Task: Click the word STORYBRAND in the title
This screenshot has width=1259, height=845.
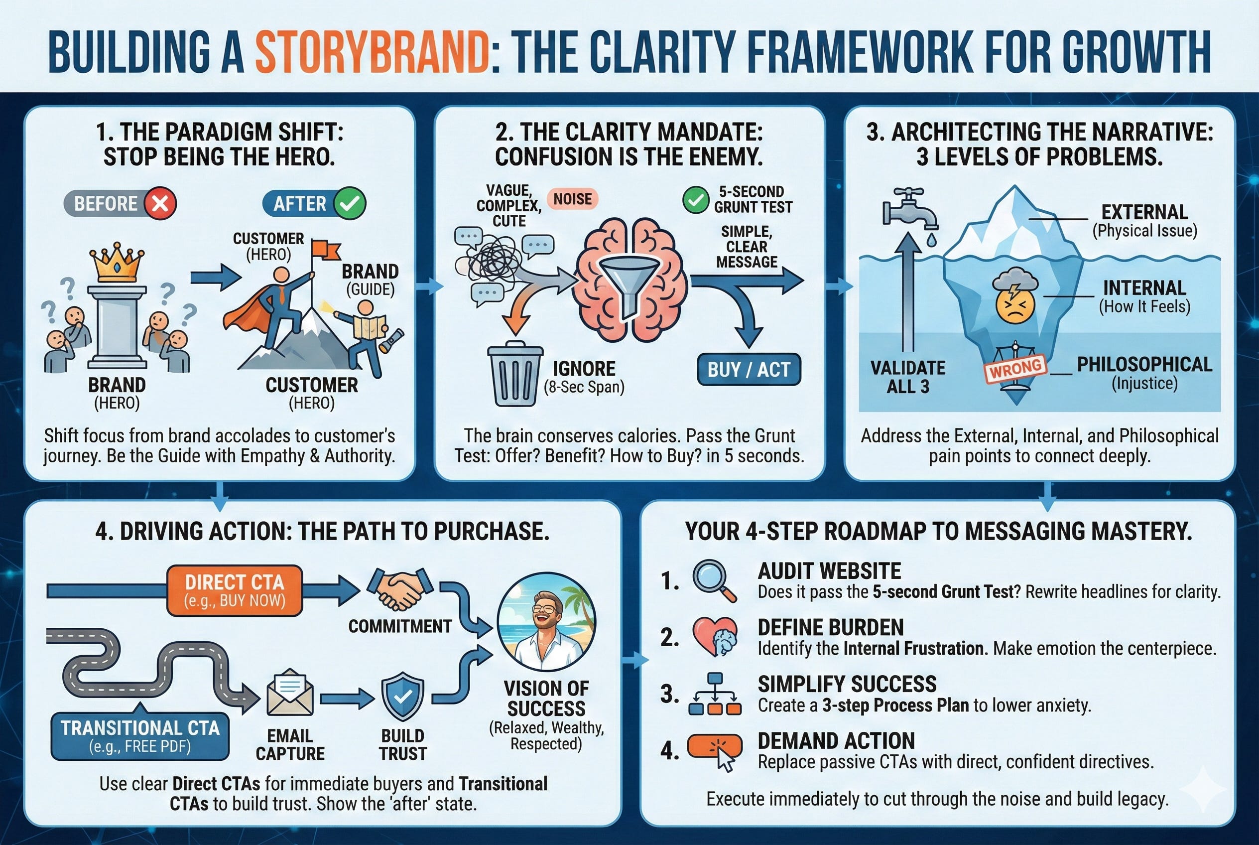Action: [372, 52]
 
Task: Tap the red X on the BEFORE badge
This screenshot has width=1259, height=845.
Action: [160, 204]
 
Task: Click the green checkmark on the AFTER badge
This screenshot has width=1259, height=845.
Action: [350, 204]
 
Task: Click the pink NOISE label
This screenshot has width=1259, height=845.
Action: [573, 199]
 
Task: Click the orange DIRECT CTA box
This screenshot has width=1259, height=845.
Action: [235, 590]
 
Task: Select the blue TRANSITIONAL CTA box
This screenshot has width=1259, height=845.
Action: [140, 736]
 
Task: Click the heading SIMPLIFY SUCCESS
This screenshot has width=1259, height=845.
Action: [847, 684]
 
